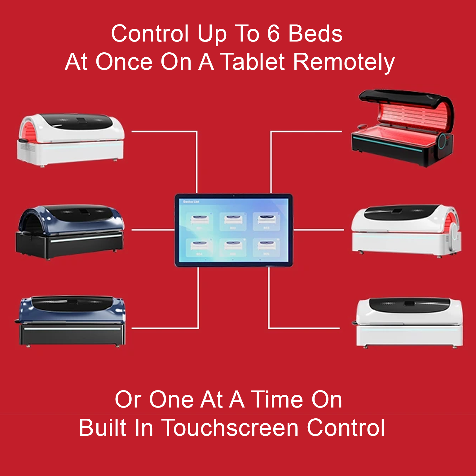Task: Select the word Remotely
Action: [344, 62]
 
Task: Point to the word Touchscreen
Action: [230, 428]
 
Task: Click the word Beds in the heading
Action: [315, 33]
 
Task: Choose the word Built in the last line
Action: [103, 428]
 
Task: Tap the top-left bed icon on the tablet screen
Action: [200, 221]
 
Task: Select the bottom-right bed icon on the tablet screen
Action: [267, 247]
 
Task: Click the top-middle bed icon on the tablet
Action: [233, 221]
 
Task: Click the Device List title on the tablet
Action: [191, 202]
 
